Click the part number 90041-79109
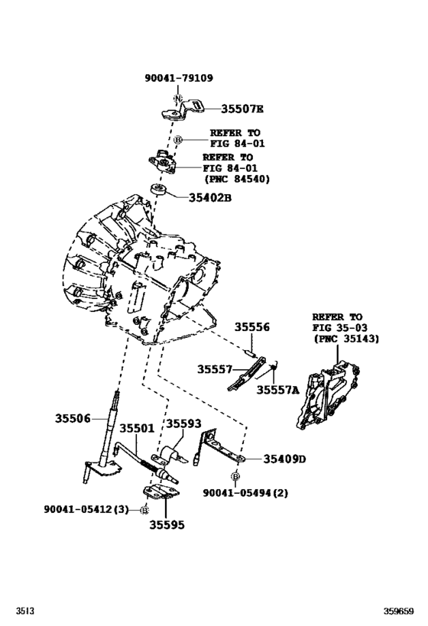(178, 78)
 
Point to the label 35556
(251, 326)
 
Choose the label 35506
(73, 418)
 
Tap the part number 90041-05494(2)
(245, 493)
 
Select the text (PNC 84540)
(238, 180)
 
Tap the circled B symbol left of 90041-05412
(144, 508)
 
